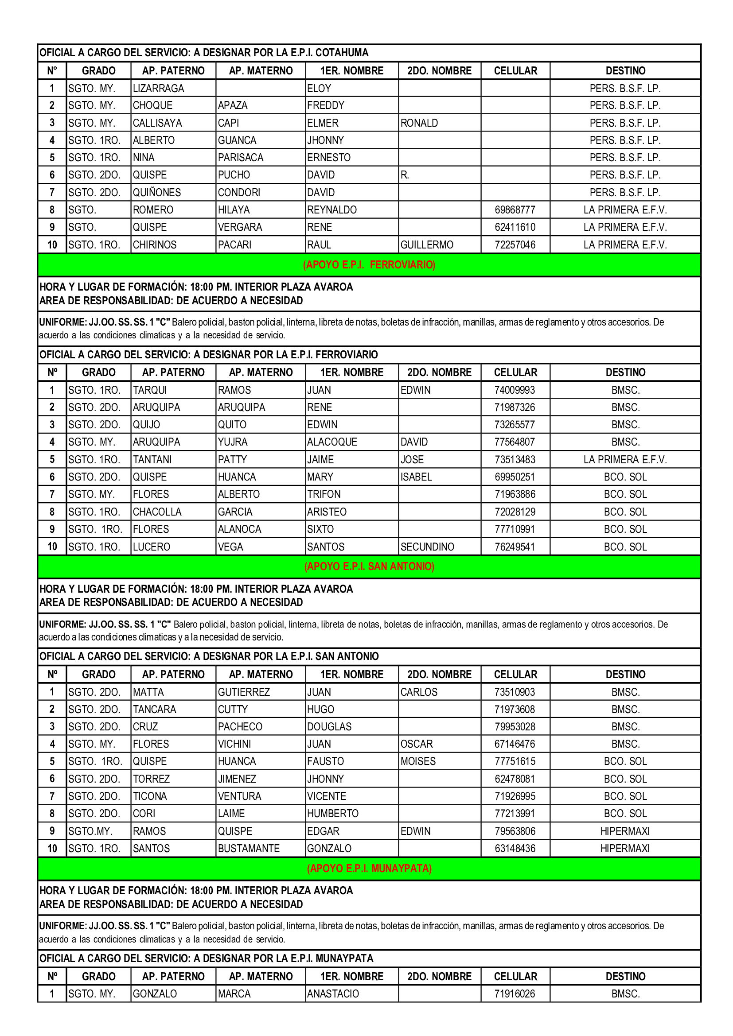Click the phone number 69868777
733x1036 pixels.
515,210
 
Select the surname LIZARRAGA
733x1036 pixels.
158,89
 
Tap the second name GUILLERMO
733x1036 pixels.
427,245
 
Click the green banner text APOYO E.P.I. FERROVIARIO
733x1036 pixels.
369,265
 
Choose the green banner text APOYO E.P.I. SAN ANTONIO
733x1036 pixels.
369,567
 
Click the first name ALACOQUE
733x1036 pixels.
332,442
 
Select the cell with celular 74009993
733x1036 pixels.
515,390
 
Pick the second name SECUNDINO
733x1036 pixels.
427,547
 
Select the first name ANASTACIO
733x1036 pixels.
333,993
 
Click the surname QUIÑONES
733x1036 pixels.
156,193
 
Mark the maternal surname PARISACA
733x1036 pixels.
241,158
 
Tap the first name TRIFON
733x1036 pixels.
324,494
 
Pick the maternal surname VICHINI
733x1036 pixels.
234,744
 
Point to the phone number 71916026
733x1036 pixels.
515,993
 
